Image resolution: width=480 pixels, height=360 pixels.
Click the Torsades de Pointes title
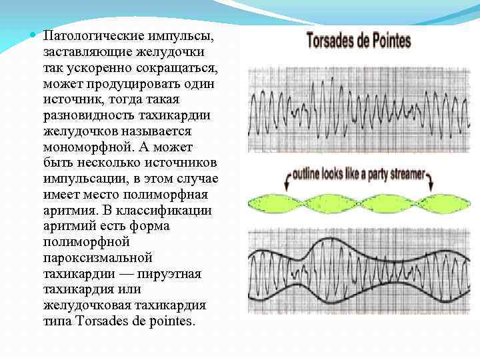pos(358,40)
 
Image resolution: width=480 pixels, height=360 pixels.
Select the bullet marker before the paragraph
pos(32,34)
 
